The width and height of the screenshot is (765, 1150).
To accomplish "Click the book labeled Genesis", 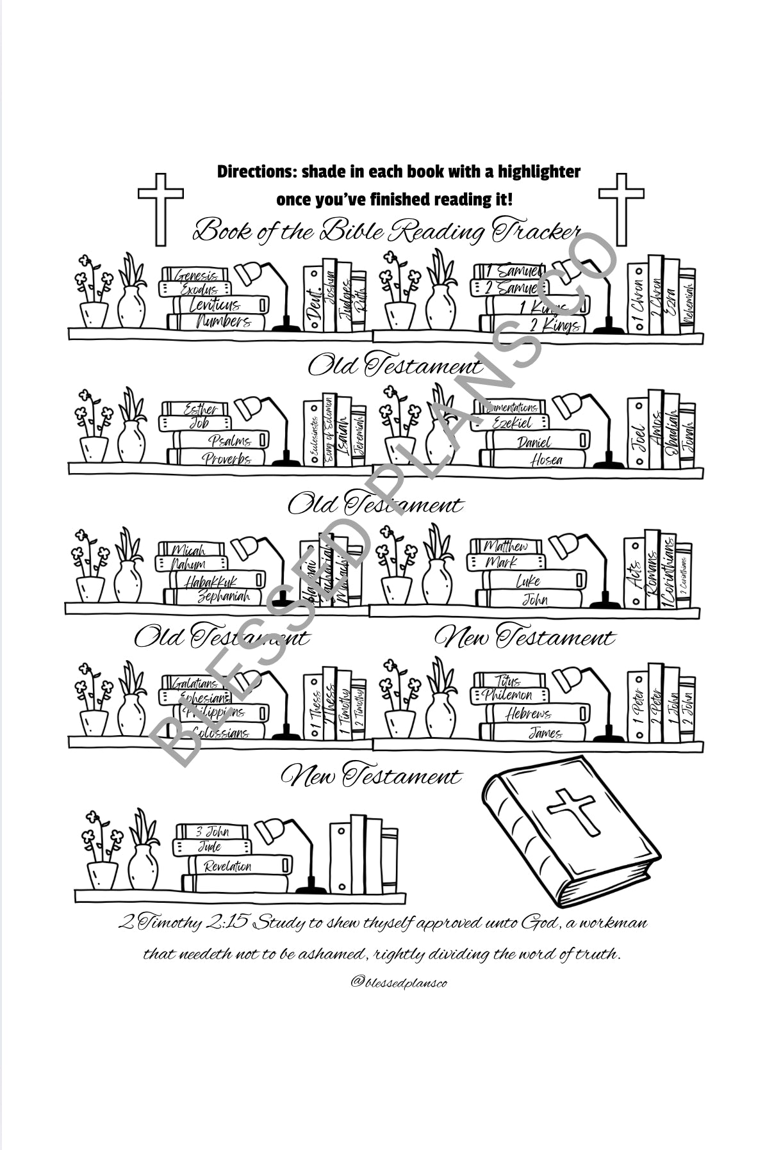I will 195,275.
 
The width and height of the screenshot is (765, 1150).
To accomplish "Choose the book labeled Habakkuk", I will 215,581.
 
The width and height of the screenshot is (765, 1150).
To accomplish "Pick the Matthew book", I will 506,546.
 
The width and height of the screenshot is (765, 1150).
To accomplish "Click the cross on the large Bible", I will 572,810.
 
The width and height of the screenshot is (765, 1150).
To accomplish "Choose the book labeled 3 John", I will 211,832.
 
